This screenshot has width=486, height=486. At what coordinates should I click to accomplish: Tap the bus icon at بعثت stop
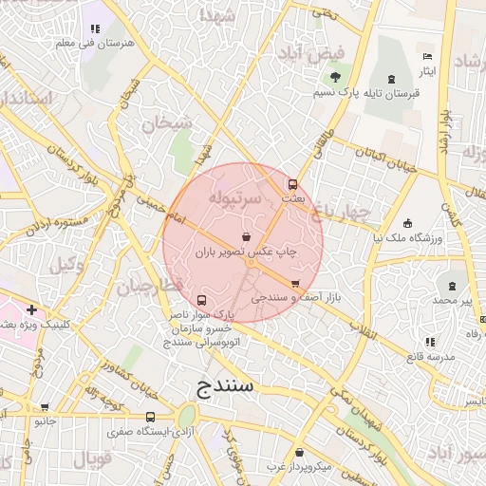pos(291,184)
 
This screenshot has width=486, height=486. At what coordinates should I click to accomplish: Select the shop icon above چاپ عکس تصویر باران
pos(246,236)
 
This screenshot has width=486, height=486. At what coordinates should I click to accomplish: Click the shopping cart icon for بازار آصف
pos(294,284)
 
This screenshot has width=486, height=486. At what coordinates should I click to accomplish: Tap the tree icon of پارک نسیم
pos(334,78)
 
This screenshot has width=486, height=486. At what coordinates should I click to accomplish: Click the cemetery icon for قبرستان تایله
pos(393,78)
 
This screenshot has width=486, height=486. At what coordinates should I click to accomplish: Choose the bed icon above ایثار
pos(426,57)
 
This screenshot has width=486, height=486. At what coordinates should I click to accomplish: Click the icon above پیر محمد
pos(452,284)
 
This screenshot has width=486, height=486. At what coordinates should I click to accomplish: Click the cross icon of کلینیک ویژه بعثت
pos(32,309)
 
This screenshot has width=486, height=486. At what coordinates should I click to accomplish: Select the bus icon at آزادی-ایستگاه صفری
pos(150,417)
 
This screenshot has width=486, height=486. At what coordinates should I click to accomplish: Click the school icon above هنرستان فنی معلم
pos(95,29)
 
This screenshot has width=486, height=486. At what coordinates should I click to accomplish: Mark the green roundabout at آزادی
pos(187,416)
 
